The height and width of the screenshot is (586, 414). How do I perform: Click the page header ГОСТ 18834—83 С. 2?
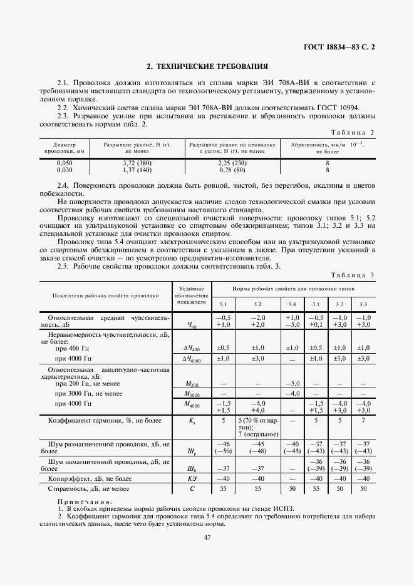tap(339, 46)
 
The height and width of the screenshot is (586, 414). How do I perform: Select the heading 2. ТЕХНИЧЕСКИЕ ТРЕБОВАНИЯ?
tap(207, 66)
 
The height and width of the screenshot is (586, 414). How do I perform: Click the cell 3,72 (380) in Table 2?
tap(138, 163)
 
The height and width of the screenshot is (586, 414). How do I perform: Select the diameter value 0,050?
tap(65, 163)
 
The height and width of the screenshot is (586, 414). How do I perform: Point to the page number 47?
tap(207, 537)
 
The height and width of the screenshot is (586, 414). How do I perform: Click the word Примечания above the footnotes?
tap(85, 501)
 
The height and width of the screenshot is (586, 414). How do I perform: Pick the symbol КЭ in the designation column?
tap(192, 477)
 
